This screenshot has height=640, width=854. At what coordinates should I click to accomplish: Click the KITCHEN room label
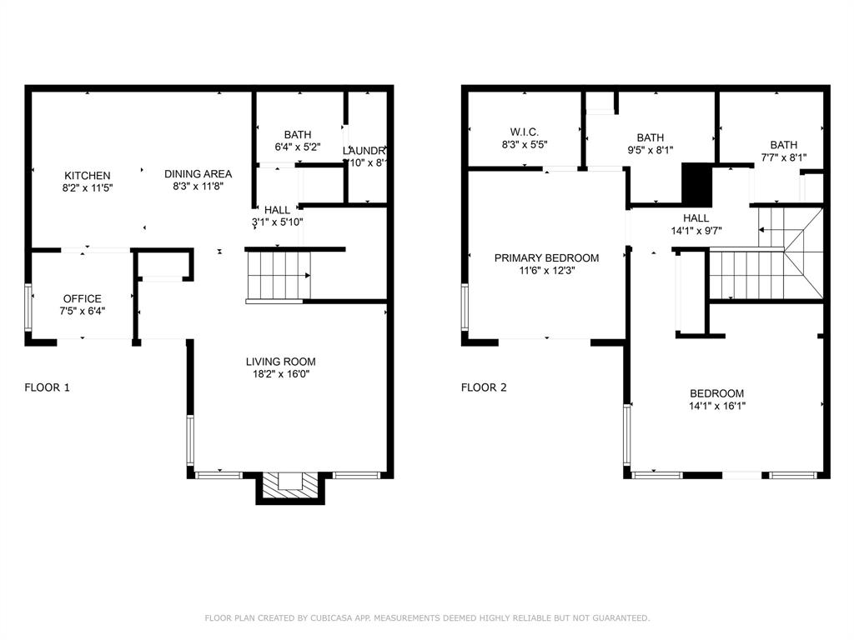click(88, 176)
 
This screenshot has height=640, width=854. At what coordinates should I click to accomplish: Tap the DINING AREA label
click(198, 174)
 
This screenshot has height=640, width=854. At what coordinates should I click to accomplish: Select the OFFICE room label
click(83, 299)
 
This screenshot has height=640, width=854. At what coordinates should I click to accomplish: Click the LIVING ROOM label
click(280, 362)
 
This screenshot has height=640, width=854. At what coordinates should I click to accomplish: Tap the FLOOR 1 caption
click(48, 387)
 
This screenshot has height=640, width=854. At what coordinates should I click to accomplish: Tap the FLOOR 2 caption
click(485, 387)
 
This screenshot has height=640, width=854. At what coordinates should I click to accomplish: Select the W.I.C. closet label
click(525, 132)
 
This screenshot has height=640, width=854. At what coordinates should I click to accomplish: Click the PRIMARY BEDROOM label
click(546, 258)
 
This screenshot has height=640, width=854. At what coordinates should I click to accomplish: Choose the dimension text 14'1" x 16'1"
click(716, 407)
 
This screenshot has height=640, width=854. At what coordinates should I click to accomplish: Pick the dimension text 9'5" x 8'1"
click(650, 151)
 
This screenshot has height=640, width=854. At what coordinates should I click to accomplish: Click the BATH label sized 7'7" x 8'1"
click(783, 145)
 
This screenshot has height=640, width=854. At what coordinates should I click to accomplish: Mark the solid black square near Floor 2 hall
click(694, 183)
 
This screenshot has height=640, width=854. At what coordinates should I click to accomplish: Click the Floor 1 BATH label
click(298, 135)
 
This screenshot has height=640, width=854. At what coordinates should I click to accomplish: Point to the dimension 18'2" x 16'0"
click(280, 374)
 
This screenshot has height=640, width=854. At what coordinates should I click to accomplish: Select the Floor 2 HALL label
click(696, 218)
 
